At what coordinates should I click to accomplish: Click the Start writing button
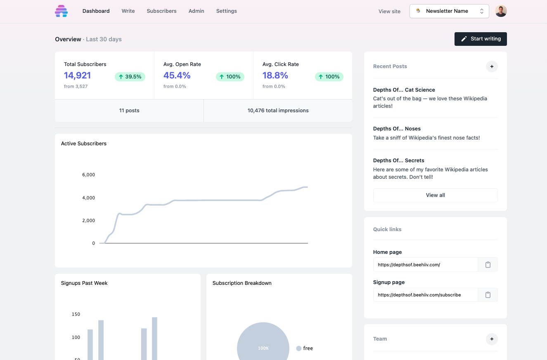(481, 39)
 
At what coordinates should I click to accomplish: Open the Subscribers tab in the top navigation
(161, 11)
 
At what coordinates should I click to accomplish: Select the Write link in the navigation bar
(128, 11)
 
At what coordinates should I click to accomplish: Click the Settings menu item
(226, 11)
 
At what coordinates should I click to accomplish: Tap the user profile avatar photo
(501, 11)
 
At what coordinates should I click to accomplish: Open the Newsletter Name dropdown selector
(449, 11)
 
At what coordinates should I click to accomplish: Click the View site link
(389, 12)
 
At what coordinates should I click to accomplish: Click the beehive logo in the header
(61, 11)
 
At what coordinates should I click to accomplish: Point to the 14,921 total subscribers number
(77, 76)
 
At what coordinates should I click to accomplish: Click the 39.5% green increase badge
(130, 77)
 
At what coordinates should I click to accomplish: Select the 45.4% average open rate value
(177, 76)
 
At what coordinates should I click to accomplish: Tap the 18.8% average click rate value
(275, 76)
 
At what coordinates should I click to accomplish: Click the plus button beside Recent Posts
(492, 66)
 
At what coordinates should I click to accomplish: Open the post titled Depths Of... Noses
(397, 129)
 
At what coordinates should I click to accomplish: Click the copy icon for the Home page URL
(488, 265)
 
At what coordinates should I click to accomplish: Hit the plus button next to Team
(492, 339)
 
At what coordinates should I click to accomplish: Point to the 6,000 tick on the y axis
(88, 175)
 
